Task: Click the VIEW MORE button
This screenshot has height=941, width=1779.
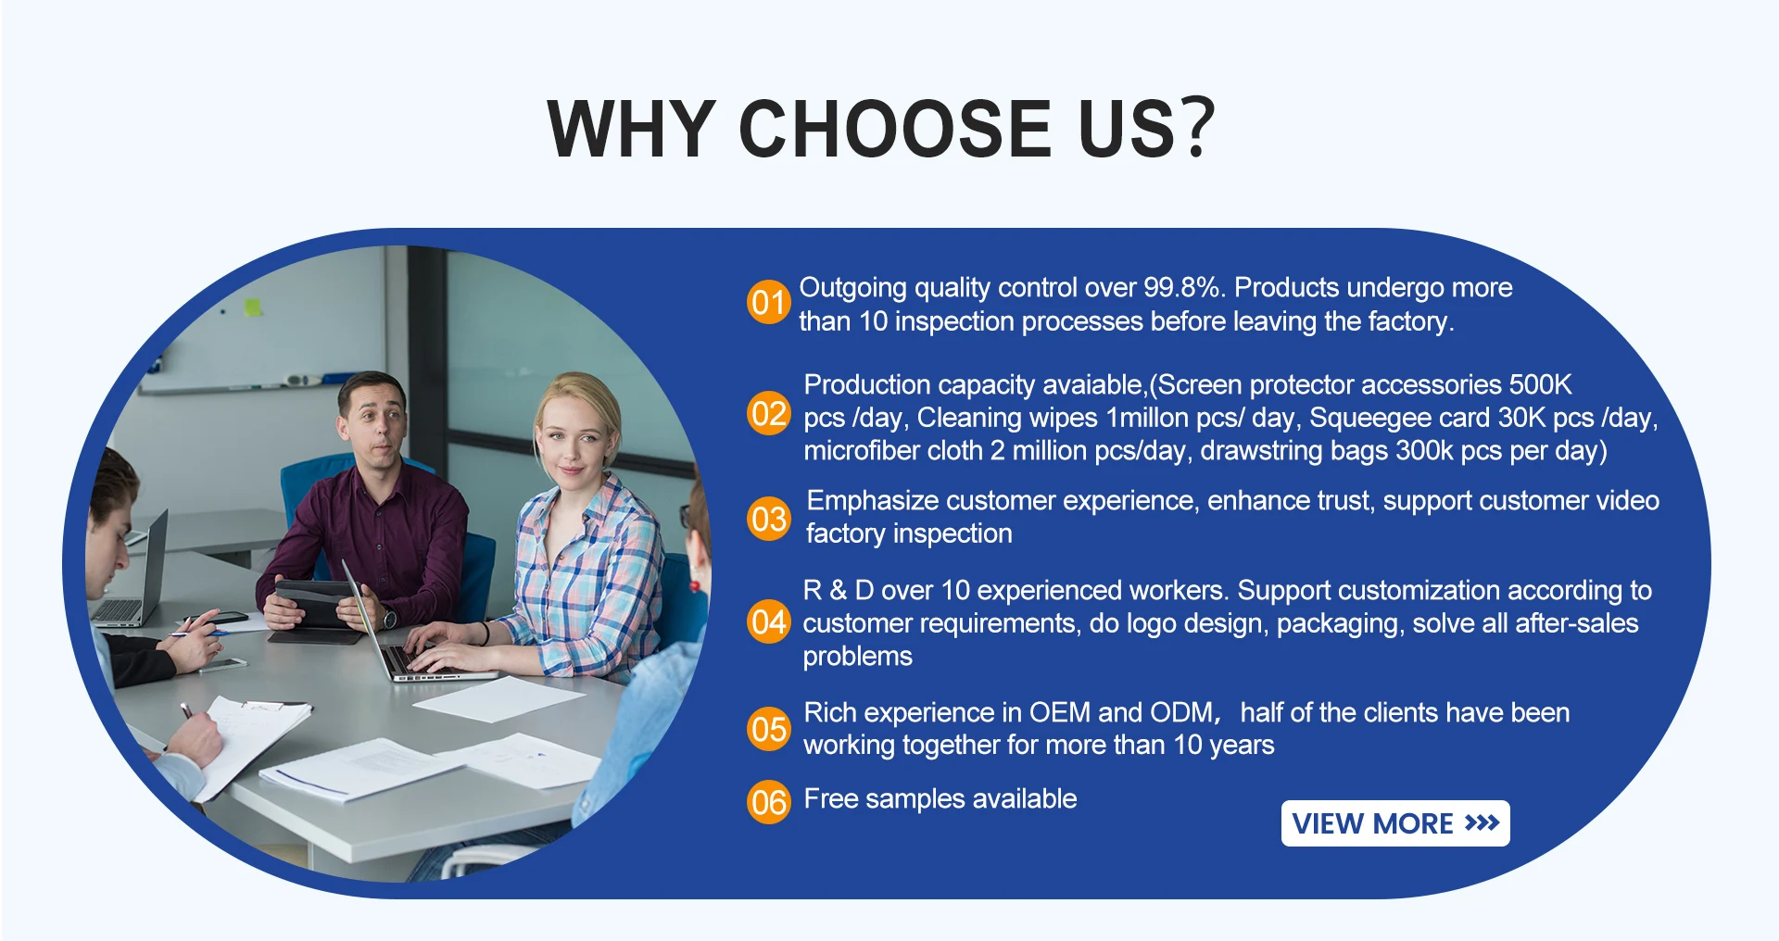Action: point(1395,823)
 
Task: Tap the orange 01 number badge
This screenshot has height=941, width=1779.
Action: point(769,302)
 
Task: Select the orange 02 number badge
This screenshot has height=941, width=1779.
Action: point(769,413)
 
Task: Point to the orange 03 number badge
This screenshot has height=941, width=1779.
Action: point(769,519)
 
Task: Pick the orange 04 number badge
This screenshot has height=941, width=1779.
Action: point(769,621)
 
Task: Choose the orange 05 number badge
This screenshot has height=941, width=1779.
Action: point(769,729)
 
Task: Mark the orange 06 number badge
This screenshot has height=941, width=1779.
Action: point(769,801)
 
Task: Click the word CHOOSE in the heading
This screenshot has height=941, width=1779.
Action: point(895,128)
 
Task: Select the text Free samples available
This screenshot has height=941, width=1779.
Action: point(940,798)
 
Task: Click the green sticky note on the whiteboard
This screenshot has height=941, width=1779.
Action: point(253,307)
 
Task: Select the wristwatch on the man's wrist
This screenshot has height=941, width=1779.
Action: point(389,618)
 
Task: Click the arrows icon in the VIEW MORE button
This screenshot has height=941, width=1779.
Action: point(1482,823)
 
